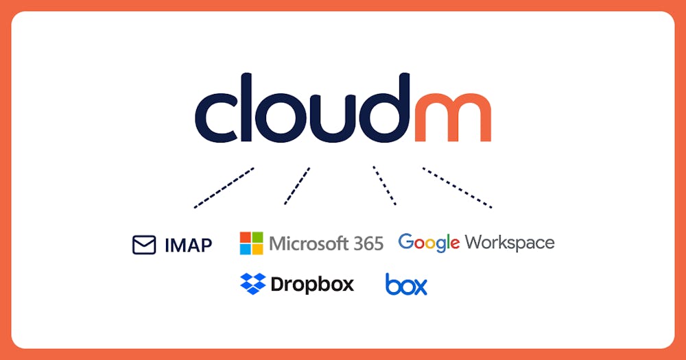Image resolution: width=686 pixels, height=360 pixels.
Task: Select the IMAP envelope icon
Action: pyautogui.click(x=144, y=245)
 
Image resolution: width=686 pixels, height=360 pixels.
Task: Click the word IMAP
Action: pyautogui.click(x=189, y=245)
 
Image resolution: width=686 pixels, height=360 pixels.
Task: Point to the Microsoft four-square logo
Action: pyautogui.click(x=252, y=243)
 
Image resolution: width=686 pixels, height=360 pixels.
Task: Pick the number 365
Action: pyautogui.click(x=369, y=243)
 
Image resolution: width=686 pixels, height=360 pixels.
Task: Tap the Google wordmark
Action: pyautogui.click(x=429, y=243)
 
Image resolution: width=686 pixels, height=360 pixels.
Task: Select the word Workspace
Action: pyautogui.click(x=510, y=243)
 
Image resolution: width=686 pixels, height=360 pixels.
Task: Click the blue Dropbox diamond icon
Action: pyautogui.click(x=253, y=283)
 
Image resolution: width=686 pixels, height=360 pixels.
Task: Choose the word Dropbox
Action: pyautogui.click(x=312, y=285)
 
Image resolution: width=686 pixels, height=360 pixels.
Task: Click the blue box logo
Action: pyautogui.click(x=406, y=284)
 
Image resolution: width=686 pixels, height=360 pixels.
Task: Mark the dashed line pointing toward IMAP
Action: pyautogui.click(x=224, y=188)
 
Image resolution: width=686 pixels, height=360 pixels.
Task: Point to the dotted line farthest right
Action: pyautogui.click(x=457, y=188)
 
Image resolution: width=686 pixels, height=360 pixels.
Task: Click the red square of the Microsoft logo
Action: pyautogui.click(x=246, y=237)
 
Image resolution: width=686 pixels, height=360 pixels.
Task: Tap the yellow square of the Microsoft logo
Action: pyautogui.click(x=258, y=250)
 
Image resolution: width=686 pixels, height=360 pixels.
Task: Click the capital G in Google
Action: pyautogui.click(x=406, y=241)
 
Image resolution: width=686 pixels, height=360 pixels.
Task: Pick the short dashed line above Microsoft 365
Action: pyautogui.click(x=297, y=185)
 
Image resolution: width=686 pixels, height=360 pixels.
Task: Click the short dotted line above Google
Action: pyautogui.click(x=385, y=185)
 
